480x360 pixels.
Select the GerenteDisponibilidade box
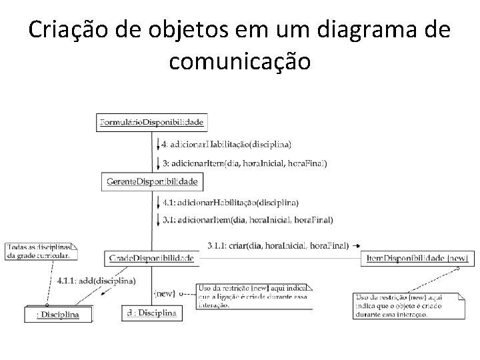(x=153, y=182)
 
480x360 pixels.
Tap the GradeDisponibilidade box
(x=151, y=258)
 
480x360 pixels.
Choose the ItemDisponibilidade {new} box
(x=418, y=258)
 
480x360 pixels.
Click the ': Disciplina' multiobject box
(x=59, y=314)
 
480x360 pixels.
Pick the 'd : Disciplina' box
(x=152, y=313)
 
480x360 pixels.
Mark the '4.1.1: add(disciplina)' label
(x=97, y=280)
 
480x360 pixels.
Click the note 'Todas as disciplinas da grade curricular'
(x=41, y=251)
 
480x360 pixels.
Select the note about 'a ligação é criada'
(x=254, y=297)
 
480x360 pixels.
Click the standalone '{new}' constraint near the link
(x=164, y=292)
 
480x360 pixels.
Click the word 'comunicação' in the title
(x=240, y=61)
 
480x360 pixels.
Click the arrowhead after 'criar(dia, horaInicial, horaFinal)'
(x=357, y=245)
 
